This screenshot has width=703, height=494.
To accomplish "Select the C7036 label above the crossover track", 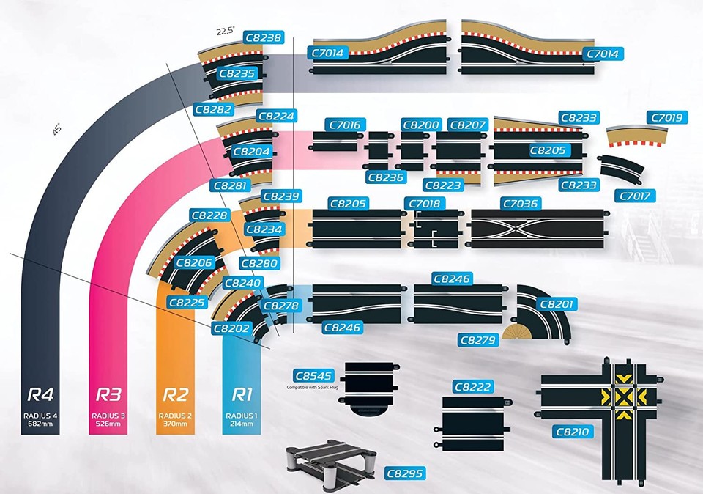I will click(x=519, y=203).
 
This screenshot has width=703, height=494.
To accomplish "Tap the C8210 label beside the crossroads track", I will click(x=572, y=432).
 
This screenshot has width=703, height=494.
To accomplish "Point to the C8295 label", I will click(x=404, y=473).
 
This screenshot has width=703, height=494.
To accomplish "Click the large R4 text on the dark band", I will click(x=41, y=394).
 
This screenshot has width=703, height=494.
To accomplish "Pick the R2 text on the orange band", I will click(x=176, y=394).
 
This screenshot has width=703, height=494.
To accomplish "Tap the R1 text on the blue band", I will click(x=242, y=394).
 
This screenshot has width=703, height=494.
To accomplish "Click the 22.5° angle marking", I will click(x=224, y=31).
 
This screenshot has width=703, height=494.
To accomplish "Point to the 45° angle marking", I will click(x=57, y=128).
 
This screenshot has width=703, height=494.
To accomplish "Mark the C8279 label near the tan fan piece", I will click(x=478, y=340).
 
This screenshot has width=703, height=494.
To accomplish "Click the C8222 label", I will click(x=473, y=387).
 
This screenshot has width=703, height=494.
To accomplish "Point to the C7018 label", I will click(x=423, y=203).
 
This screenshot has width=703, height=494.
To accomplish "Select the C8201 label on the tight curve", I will click(x=557, y=303).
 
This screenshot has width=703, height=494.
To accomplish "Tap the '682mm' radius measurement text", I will click(x=41, y=424).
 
